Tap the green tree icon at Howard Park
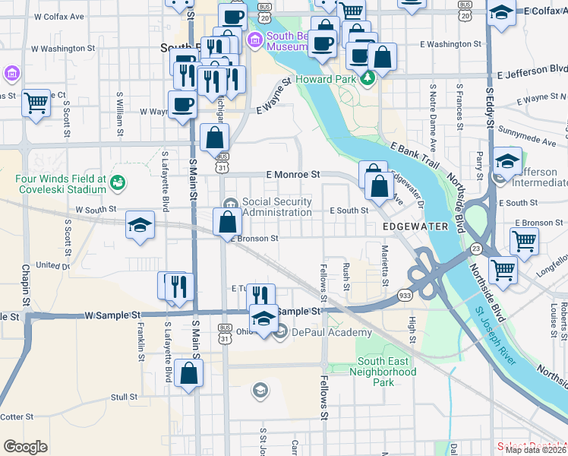coord(368,78)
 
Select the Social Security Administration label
coord(276,206)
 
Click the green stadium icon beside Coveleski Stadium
coord(117,182)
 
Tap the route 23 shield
coord(476,249)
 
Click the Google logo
coord(25,447)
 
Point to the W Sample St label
coord(113,314)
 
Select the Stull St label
coord(123,397)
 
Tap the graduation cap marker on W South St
coord(140,224)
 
